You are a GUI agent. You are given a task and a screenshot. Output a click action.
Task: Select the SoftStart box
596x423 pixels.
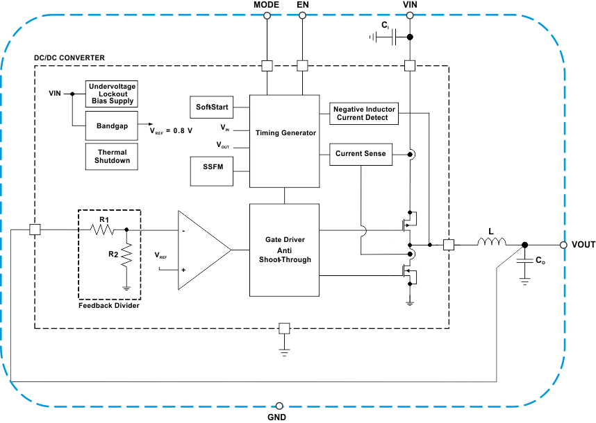click(x=211, y=107)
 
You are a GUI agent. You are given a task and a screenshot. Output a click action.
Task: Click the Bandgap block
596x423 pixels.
click(x=112, y=127)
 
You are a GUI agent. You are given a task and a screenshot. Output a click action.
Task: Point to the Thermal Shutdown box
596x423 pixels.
click(x=112, y=156)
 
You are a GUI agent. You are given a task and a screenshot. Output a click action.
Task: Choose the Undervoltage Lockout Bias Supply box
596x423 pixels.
click(x=112, y=93)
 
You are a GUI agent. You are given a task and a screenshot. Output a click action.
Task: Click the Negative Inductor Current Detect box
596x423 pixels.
click(x=364, y=114)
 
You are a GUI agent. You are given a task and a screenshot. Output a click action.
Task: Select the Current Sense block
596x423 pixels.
click(x=360, y=154)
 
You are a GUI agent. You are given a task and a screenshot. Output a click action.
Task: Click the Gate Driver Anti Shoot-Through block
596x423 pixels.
click(x=284, y=250)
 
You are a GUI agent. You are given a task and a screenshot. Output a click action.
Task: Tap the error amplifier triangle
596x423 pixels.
click(x=201, y=250)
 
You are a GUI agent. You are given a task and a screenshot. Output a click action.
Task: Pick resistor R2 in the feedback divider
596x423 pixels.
click(x=126, y=254)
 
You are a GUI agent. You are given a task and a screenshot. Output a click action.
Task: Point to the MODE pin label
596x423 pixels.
click(x=267, y=5)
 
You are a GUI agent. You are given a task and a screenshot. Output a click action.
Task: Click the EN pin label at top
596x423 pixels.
click(x=302, y=5)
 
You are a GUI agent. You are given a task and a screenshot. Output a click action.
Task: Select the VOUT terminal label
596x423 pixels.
click(x=583, y=245)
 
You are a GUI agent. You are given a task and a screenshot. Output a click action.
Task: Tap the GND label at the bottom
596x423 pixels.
click(x=276, y=417)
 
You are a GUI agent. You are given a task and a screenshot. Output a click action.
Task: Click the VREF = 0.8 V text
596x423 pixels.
click(x=171, y=130)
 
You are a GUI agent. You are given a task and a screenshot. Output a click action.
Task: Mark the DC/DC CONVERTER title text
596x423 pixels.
click(x=69, y=57)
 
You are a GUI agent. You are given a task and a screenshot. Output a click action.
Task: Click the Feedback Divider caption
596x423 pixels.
click(x=109, y=305)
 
